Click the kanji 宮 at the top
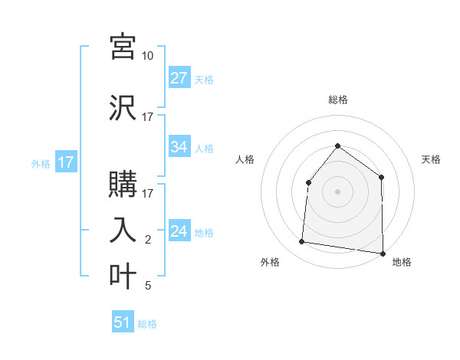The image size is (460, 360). click(x=123, y=47)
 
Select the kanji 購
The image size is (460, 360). click(x=123, y=184)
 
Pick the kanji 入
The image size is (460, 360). click(x=123, y=230)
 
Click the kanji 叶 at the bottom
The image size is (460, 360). click(x=123, y=276)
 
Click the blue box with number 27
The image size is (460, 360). click(x=179, y=78)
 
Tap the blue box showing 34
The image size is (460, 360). click(x=179, y=147)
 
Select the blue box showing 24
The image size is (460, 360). click(x=179, y=231)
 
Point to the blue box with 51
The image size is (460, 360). click(x=123, y=322)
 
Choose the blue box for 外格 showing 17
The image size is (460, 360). click(x=66, y=162)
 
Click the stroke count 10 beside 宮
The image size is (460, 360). click(x=147, y=56)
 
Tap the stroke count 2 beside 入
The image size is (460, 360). click(x=147, y=240)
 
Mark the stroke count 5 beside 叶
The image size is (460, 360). click(x=147, y=286)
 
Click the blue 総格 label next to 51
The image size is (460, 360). click(x=147, y=324)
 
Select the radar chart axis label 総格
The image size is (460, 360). click(x=337, y=100)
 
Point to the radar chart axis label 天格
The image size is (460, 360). click(x=431, y=159)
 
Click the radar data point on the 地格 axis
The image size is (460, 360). click(x=383, y=253)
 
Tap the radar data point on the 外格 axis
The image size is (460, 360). click(x=301, y=242)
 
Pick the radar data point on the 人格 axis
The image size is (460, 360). click(x=308, y=182)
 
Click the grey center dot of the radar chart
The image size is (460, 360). click(x=337, y=191)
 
